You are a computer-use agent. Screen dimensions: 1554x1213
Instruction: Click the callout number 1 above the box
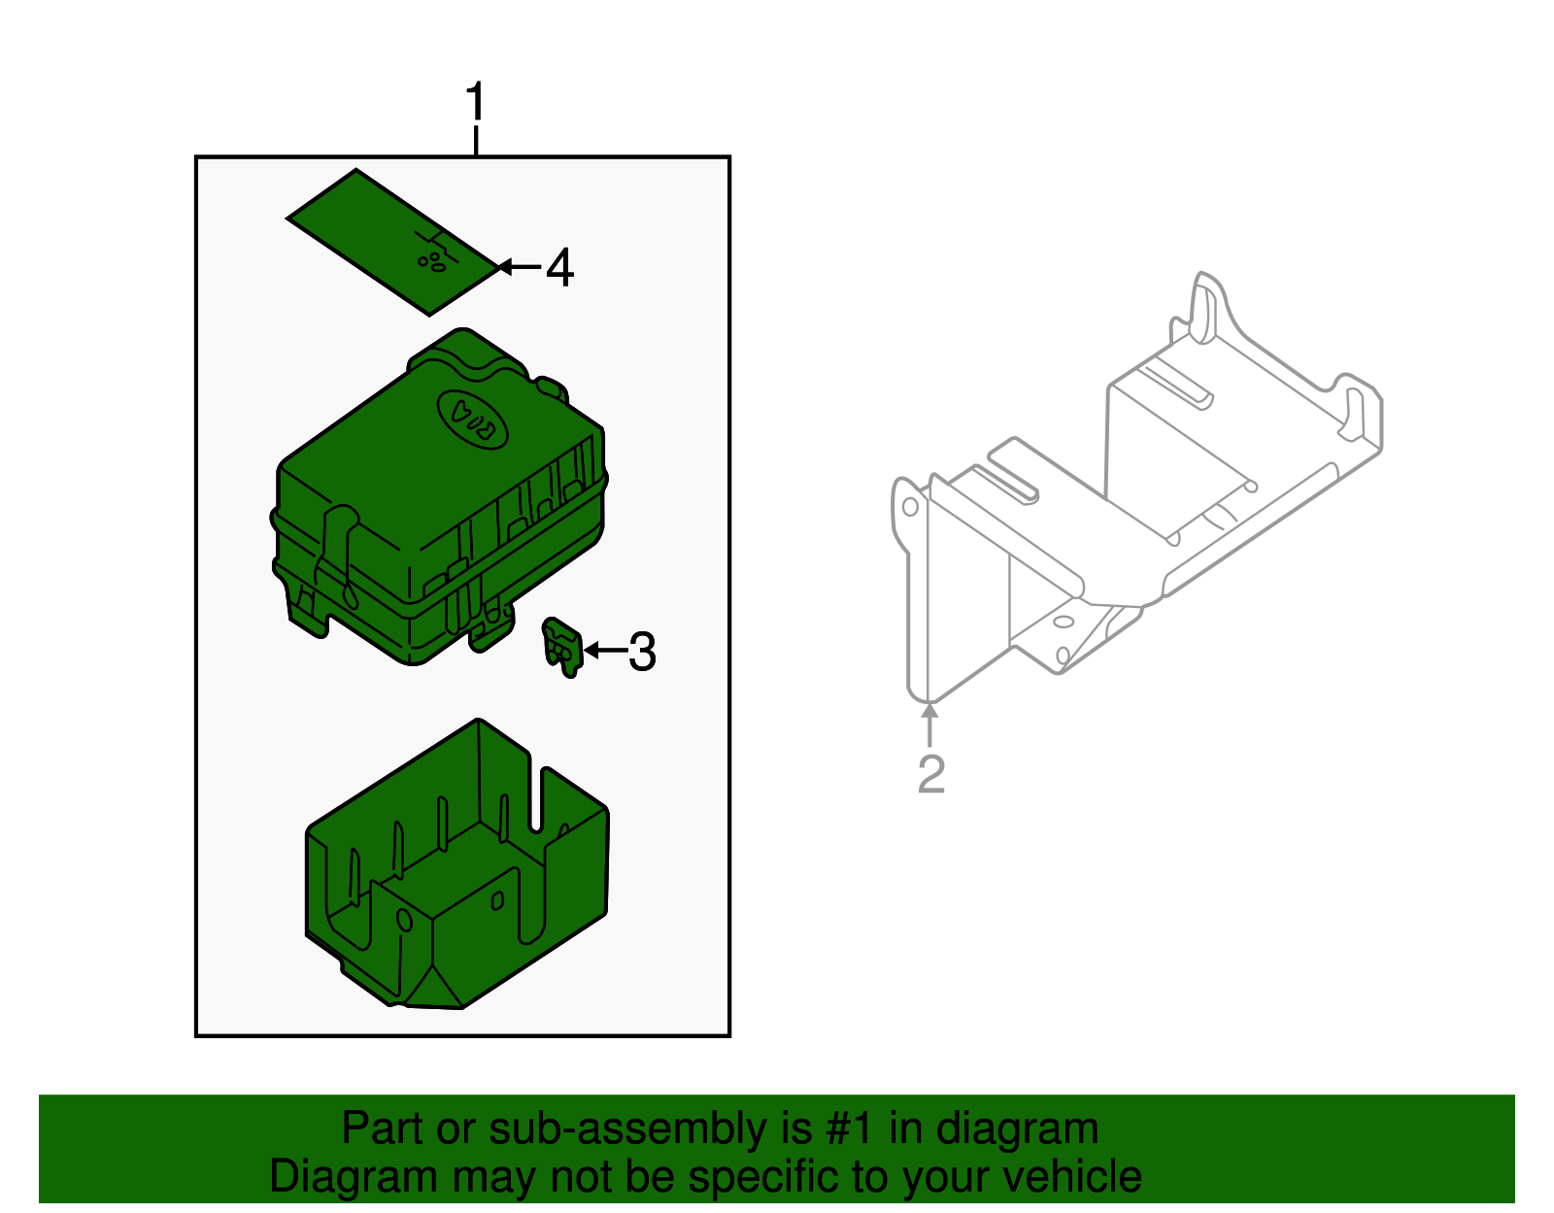point(476,101)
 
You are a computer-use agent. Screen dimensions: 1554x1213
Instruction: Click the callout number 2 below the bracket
point(931,773)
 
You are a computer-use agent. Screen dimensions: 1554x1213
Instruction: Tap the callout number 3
point(642,652)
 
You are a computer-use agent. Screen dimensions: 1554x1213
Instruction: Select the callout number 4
point(560,267)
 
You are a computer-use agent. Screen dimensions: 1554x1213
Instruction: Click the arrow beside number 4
point(519,267)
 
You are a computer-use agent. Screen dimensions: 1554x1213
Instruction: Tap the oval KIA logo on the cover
point(472,420)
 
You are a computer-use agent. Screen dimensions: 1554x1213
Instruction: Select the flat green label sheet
point(391,243)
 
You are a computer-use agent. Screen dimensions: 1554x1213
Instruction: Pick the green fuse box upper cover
point(438,497)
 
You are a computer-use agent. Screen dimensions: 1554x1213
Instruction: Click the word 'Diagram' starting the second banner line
point(354,1177)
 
